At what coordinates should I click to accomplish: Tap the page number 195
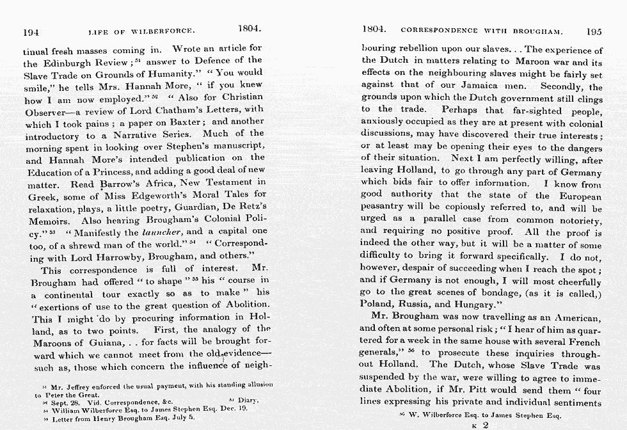pyautogui.click(x=593, y=30)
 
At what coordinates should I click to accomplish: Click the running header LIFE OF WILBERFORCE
pyautogui.click(x=141, y=31)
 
